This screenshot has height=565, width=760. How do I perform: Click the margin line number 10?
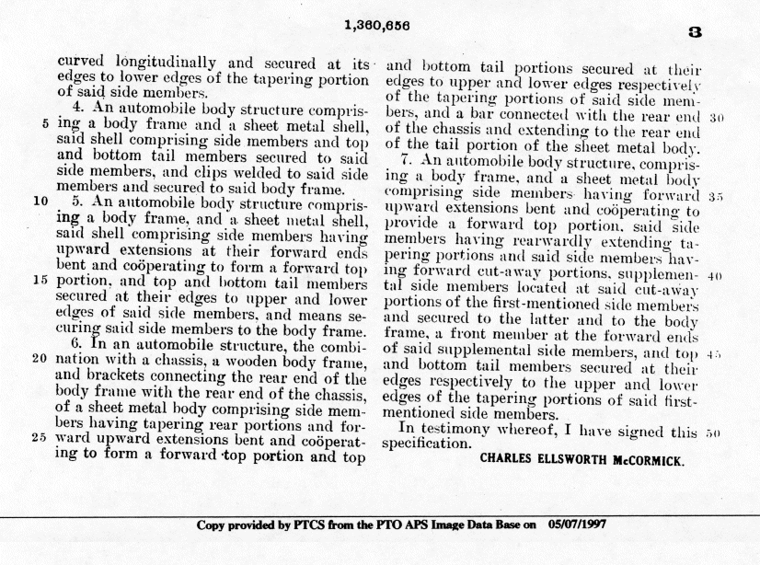click(40, 198)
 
